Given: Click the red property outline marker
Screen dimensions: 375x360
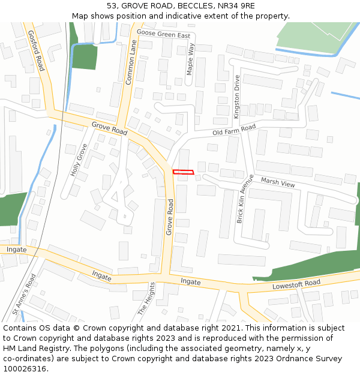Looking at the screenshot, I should pos(184,172).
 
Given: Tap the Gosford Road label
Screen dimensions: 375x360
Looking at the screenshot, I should pos(37,51).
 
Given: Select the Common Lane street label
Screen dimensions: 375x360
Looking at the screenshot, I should pos(131,61).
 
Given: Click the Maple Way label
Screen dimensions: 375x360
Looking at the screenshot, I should pos(191,58).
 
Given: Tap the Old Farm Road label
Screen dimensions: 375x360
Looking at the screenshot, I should pos(234,130).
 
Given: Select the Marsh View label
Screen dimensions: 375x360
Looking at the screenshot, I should pos(278,182).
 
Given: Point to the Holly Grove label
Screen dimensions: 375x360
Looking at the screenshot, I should pos(79,160).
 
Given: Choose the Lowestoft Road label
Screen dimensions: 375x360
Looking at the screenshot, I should pos(296,284).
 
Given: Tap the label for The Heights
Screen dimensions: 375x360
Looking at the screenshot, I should pos(146,299).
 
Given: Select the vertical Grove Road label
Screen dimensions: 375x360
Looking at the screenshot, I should pos(170,217).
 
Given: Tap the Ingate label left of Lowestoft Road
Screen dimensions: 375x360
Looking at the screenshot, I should pos(190,281).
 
